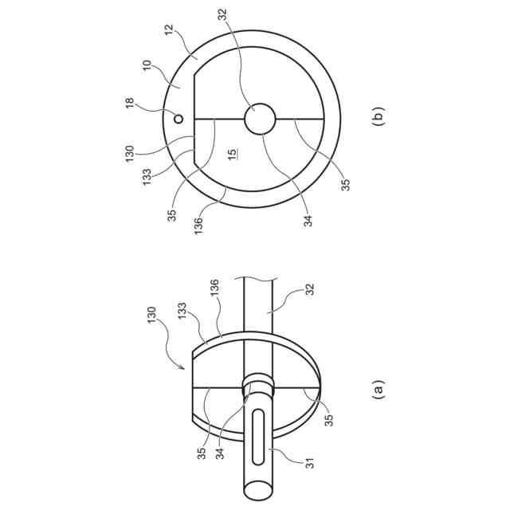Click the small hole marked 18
click(178, 119)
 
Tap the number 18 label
click(130, 103)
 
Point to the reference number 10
click(147, 66)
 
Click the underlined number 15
click(232, 154)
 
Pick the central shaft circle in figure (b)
click(260, 119)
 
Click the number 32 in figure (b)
click(223, 14)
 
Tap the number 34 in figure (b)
click(308, 221)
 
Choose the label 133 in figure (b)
click(147, 177)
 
